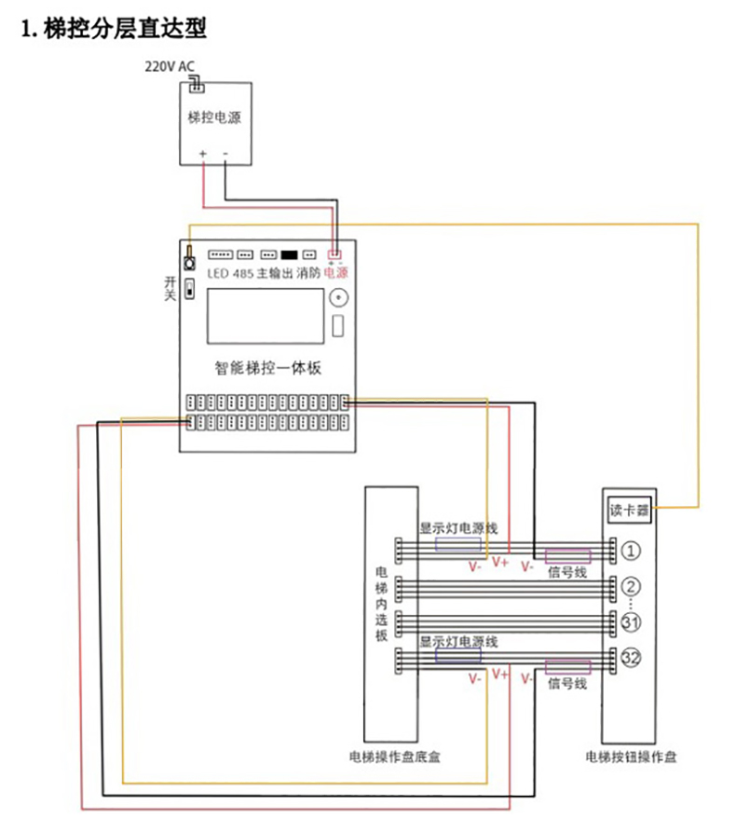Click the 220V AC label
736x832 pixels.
(170, 67)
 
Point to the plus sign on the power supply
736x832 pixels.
(201, 153)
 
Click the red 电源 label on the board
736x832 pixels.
(335, 273)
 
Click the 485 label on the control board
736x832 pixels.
(241, 273)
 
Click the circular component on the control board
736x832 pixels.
(336, 300)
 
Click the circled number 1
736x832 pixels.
(631, 551)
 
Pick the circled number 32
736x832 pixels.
(631, 659)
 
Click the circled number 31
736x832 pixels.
(631, 622)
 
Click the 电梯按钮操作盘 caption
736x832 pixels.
(631, 757)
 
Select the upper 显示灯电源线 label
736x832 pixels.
(457, 528)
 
